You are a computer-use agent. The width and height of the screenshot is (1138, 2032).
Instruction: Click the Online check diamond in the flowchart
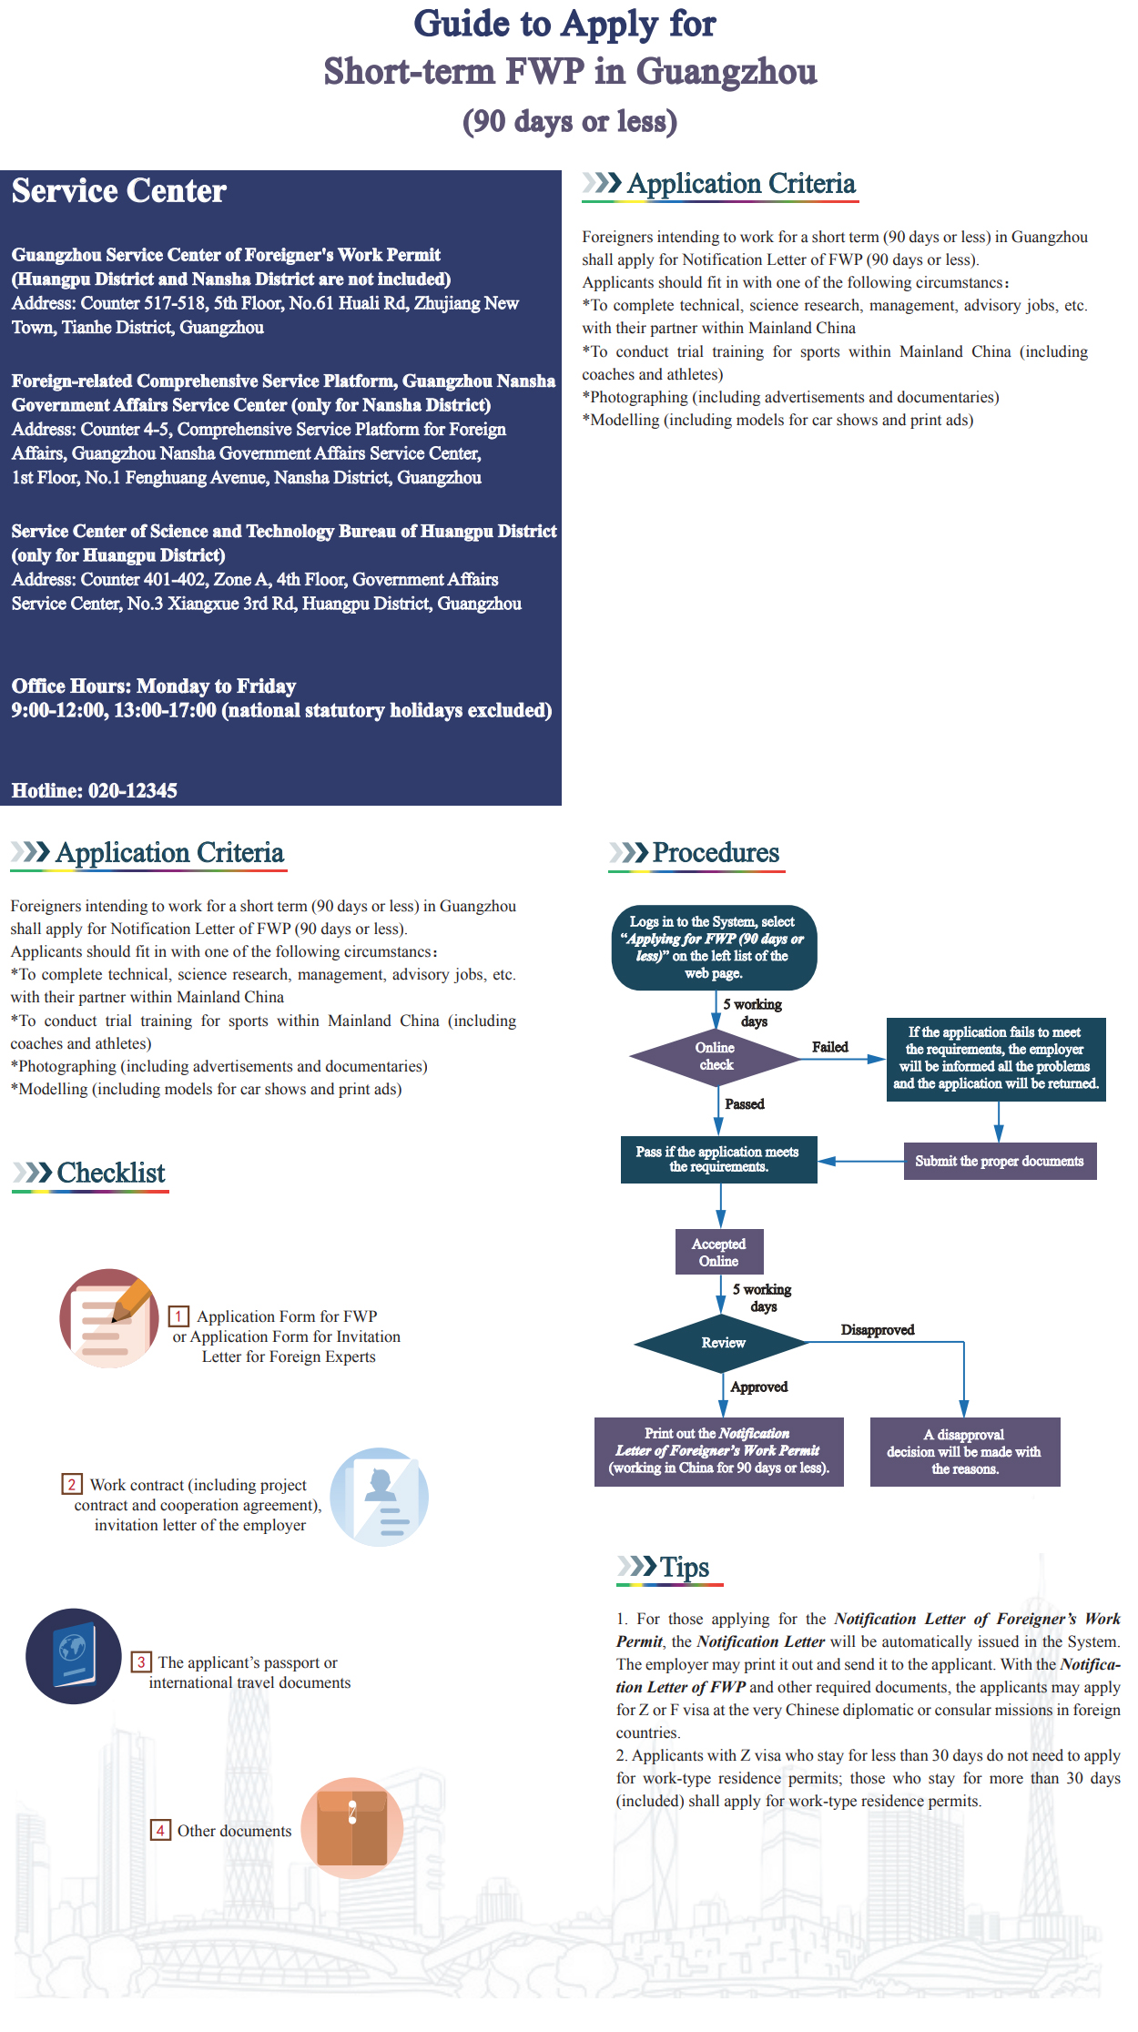point(716,1057)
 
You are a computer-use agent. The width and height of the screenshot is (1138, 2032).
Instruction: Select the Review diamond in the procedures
point(722,1343)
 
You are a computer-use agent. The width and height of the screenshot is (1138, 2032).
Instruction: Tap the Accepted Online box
point(719,1252)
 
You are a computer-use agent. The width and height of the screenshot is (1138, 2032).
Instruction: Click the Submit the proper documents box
point(1000,1161)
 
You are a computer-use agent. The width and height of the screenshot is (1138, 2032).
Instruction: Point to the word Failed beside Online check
point(829,1047)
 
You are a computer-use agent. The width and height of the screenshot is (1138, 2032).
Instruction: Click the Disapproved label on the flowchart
point(878,1330)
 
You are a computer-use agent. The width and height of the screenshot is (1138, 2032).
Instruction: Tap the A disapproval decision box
point(965,1452)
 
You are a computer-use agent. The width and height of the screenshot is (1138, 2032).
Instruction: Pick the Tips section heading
point(685,1567)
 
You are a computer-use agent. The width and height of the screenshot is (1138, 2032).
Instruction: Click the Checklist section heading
point(111,1173)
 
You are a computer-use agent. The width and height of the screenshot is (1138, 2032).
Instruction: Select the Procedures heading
point(716,852)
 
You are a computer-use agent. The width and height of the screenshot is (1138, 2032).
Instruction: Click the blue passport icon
point(74,1656)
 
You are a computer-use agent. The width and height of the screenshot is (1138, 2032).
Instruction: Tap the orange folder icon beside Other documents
point(352,1828)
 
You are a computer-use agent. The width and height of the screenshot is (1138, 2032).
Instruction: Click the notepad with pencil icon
point(109,1317)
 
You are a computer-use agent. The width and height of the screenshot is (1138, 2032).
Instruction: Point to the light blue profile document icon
point(379,1497)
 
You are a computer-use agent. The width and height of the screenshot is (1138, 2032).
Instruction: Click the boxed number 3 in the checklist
point(140,1662)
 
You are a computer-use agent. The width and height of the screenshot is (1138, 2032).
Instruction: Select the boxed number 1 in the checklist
point(179,1316)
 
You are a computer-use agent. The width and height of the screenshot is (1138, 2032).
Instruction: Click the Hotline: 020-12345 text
point(95,790)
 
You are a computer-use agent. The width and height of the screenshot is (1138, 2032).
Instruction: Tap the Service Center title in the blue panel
point(119,191)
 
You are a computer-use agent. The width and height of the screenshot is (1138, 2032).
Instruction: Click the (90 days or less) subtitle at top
point(570,121)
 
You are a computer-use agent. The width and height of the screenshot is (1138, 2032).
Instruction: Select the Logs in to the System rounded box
point(715,948)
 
